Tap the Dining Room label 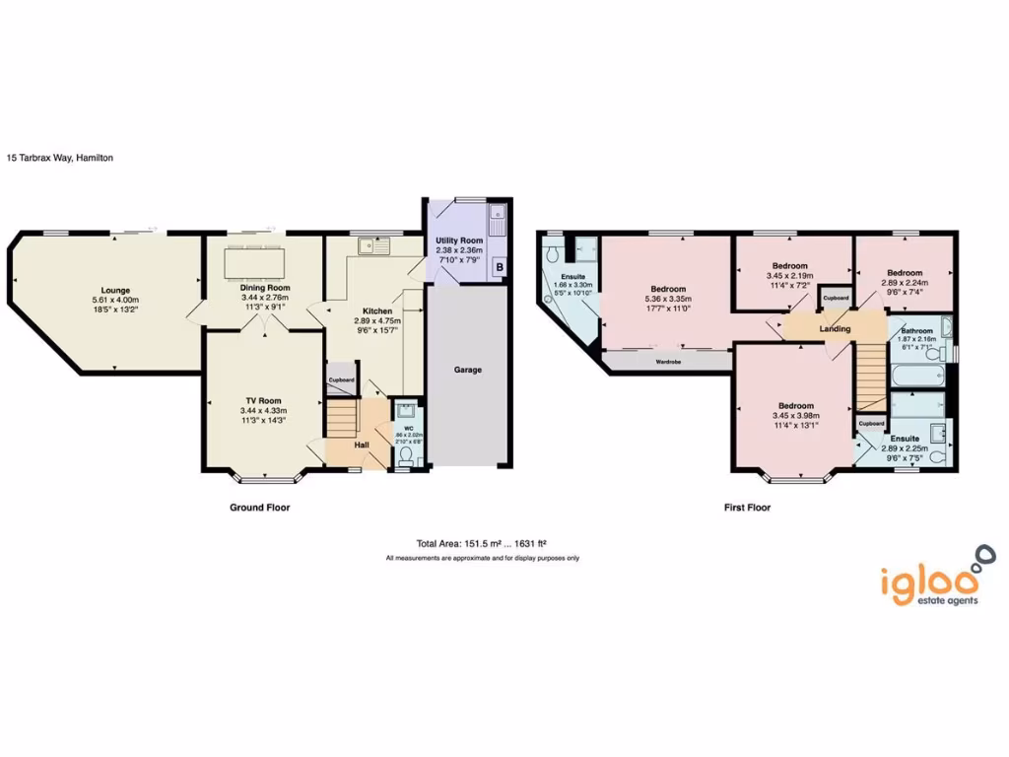pos(262,288)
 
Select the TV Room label pos(262,400)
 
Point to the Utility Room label pos(459,241)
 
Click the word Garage pos(467,371)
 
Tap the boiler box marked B pos(500,267)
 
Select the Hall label pos(362,445)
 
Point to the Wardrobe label pos(668,362)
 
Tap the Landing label pos(836,328)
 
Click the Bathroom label pos(916,331)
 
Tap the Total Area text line pos(481,543)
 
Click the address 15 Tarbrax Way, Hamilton pos(59,157)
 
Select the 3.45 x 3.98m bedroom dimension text pos(795,416)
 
